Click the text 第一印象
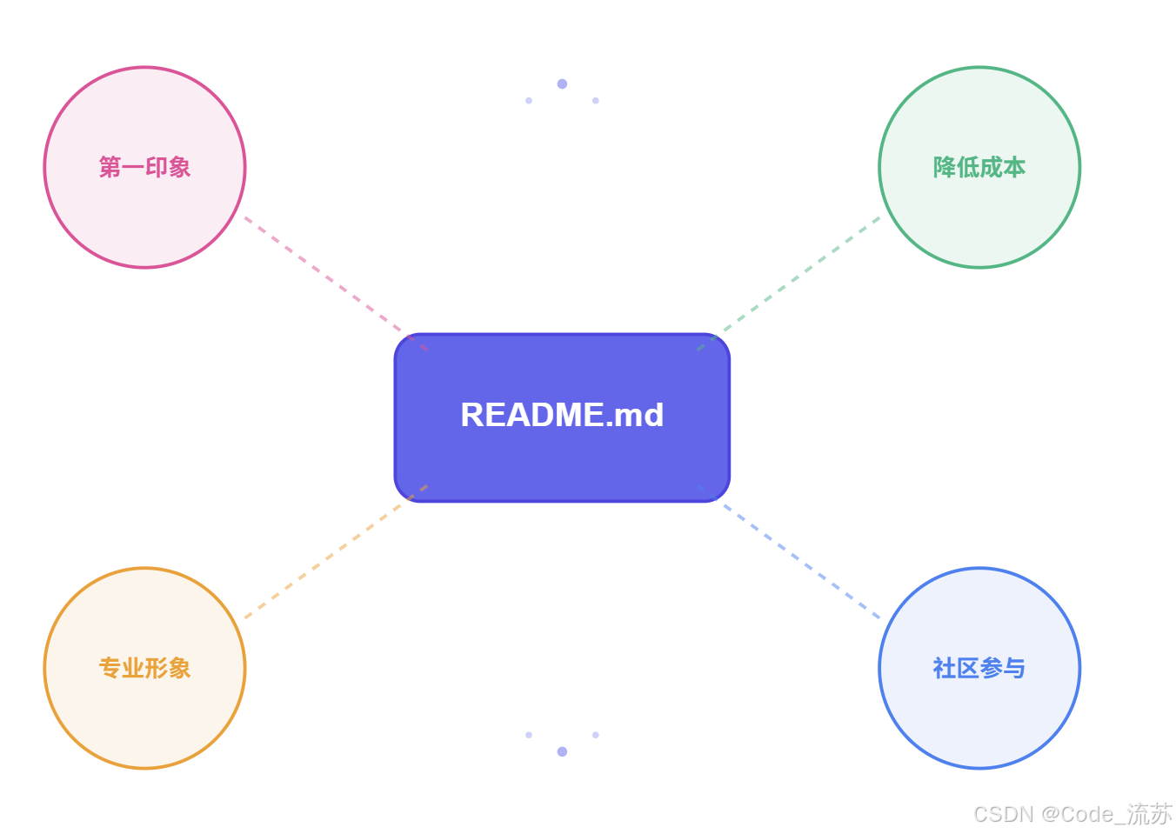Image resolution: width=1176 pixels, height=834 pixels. click(x=144, y=167)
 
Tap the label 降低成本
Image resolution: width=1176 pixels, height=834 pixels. click(x=979, y=167)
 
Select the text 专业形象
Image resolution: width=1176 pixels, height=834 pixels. click(x=144, y=668)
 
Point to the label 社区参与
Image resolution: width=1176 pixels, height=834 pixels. click(x=979, y=668)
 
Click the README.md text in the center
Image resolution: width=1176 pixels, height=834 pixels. click(x=562, y=415)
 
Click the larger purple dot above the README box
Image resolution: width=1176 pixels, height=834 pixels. click(x=562, y=83)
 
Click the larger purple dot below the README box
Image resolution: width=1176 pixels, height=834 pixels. click(x=562, y=751)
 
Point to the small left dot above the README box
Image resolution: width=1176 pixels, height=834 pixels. click(x=529, y=101)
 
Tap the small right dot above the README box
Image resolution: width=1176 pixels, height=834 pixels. click(x=596, y=101)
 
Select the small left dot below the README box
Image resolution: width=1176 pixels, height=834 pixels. click(x=529, y=735)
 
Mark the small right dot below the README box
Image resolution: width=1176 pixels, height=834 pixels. click(x=596, y=735)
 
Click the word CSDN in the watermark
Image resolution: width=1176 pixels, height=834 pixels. click(x=1004, y=814)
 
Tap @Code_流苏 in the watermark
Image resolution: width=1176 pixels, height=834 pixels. click(x=1106, y=814)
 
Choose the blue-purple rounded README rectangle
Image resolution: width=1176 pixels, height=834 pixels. click(x=562, y=461)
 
